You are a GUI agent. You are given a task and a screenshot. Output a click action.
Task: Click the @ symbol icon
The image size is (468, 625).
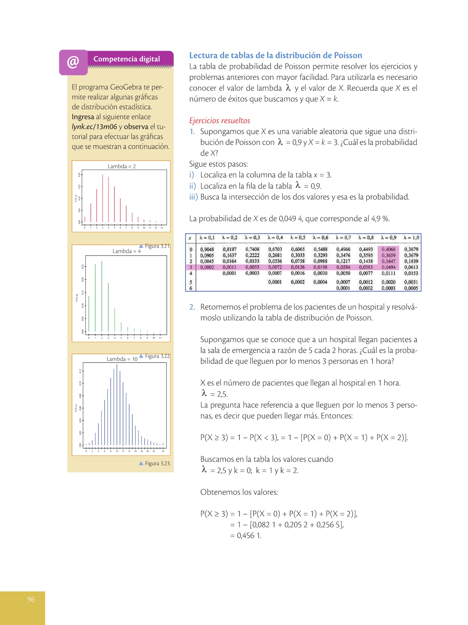[x=73, y=62]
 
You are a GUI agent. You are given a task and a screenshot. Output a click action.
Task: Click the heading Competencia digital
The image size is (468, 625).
[x=127, y=59]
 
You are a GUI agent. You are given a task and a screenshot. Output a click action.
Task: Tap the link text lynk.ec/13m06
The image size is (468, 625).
[x=94, y=127]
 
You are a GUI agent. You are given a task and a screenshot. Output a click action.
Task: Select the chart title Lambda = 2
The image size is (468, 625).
[x=122, y=166]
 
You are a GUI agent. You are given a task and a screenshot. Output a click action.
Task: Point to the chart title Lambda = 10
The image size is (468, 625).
[x=122, y=359]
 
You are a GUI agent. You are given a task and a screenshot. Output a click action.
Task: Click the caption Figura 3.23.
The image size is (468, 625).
[x=158, y=464]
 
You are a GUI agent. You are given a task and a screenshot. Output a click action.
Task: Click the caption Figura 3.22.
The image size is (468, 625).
[x=158, y=356]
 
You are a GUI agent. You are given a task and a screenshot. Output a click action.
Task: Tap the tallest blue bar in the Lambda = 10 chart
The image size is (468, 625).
[x=117, y=405]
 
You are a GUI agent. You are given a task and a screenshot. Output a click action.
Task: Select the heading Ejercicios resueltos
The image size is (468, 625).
[x=219, y=121]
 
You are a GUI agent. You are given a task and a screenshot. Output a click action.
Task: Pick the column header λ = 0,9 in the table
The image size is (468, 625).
[x=388, y=238]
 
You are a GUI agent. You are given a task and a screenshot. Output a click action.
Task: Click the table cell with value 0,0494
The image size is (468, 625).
[x=388, y=267]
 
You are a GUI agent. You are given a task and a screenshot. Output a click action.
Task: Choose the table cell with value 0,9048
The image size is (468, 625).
[x=207, y=249]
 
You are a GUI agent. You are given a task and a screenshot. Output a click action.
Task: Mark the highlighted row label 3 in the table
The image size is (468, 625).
[x=191, y=267]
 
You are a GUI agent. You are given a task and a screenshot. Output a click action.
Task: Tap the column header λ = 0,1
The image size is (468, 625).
[x=207, y=238]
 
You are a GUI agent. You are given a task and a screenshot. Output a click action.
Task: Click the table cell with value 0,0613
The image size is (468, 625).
[x=411, y=267]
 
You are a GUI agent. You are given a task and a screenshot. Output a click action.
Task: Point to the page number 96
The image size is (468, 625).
[x=31, y=599]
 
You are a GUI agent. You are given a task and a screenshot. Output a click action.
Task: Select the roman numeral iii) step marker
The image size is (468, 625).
[x=193, y=197]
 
